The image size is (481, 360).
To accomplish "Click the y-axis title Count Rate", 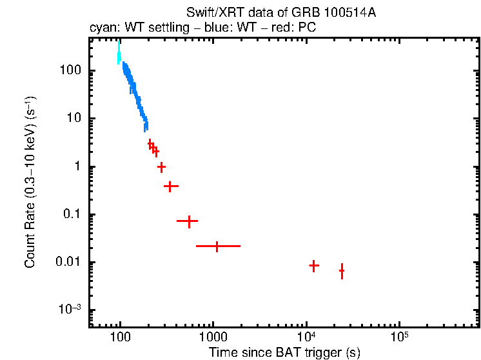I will pos(30,183).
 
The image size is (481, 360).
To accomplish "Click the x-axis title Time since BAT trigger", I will pos(284,352).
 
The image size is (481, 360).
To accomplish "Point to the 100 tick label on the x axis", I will pos(120,339).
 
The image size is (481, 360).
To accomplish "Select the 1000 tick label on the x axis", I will pos(213,339).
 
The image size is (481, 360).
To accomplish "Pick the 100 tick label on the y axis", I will pos(68,70).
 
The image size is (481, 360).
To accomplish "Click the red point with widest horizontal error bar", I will pos(217,246).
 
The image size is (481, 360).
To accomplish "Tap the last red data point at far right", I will pos(342,271).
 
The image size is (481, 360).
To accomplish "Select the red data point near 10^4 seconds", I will pos(314,265).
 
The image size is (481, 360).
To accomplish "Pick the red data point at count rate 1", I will pos(162,166).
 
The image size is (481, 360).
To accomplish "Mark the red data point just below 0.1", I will pos(188,221).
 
